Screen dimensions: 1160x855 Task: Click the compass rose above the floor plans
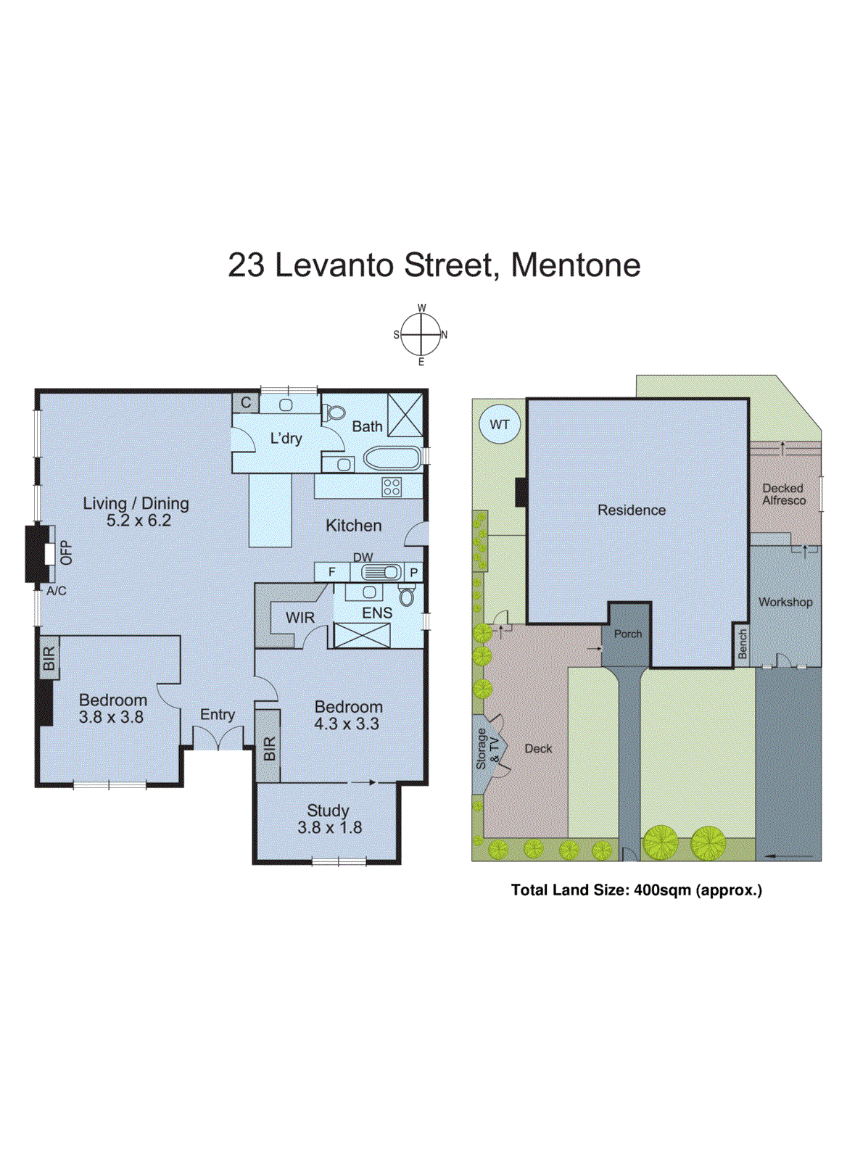421,334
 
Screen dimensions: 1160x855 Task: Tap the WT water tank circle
500,425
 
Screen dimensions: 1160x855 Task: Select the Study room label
328,811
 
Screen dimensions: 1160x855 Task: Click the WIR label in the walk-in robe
300,618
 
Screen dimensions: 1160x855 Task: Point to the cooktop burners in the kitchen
392,486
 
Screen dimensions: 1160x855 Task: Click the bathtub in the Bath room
392,459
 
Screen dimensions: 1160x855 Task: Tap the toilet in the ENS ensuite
406,596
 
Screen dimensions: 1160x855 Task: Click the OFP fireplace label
67,552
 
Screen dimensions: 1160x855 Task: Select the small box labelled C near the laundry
246,403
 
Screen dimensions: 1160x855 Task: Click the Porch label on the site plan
628,634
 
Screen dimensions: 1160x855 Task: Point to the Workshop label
785,602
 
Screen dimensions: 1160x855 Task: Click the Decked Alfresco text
783,494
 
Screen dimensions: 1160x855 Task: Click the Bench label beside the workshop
742,643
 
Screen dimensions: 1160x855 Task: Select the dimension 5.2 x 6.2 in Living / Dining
139,521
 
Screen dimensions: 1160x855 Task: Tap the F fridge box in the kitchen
332,572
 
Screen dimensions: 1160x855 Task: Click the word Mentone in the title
575,265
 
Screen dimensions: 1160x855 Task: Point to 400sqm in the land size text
662,890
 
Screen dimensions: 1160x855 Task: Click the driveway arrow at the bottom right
790,856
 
